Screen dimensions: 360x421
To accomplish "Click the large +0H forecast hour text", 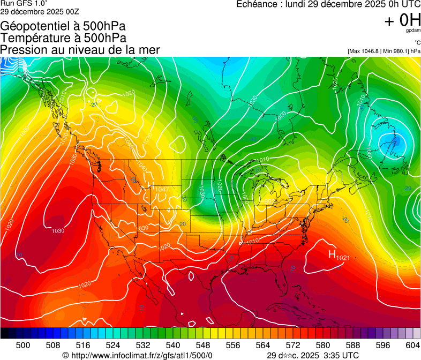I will [x=402, y=20].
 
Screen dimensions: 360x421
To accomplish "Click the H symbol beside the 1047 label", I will [x=151, y=187].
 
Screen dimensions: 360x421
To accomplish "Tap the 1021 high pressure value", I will [x=343, y=258].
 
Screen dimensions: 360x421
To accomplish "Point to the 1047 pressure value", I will [x=161, y=190].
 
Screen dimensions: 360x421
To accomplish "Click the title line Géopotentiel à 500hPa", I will [x=63, y=26].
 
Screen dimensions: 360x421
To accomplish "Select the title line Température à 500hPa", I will [x=63, y=38].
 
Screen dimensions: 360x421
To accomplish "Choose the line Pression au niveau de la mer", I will [x=80, y=50].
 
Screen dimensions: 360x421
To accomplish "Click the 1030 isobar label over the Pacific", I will [x=58, y=231].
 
